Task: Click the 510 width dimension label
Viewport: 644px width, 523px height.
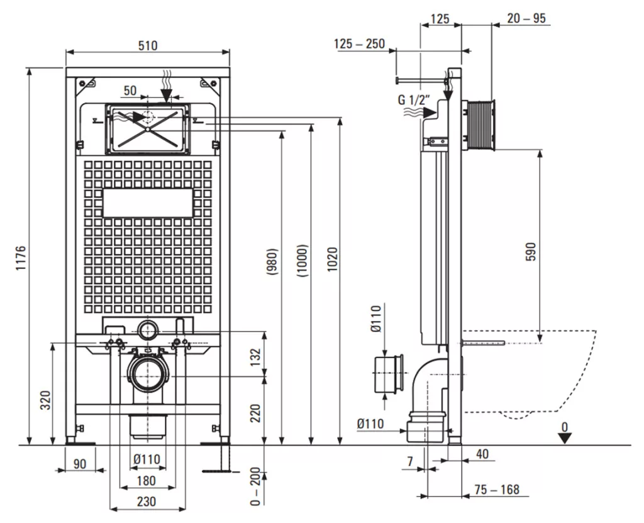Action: tap(147, 45)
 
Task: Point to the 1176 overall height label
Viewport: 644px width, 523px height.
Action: tap(21, 258)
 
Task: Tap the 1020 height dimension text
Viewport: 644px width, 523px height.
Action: tap(332, 259)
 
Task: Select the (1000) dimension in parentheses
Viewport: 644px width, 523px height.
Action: tap(303, 260)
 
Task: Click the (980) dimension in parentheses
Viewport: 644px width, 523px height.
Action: tap(272, 261)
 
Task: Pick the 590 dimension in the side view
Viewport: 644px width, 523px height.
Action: tap(531, 251)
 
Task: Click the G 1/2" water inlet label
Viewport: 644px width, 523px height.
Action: tap(414, 100)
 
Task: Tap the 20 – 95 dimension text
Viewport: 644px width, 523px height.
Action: tap(526, 18)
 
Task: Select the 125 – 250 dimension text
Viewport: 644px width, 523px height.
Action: tap(359, 43)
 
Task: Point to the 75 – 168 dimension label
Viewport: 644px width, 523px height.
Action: tap(497, 489)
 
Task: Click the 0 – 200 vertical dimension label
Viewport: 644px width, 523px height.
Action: tap(255, 487)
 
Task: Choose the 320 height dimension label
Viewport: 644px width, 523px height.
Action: tap(47, 400)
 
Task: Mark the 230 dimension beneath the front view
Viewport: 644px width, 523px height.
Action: tap(147, 501)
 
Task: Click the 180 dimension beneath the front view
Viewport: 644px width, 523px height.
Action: tap(146, 480)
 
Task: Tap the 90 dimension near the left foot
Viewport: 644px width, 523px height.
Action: tap(80, 464)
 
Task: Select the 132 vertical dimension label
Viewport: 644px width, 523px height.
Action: tap(255, 357)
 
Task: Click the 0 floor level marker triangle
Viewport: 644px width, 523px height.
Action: tap(565, 438)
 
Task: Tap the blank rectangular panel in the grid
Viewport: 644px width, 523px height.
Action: tap(147, 203)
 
